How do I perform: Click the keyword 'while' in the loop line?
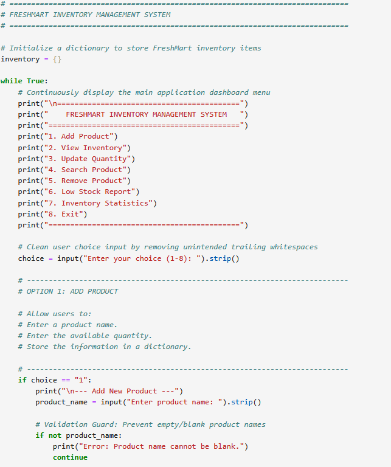coord(12,81)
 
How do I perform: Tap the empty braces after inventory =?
coord(57,59)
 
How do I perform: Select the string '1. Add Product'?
coord(78,136)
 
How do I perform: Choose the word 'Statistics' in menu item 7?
coord(126,203)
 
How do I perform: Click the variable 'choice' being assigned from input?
coord(31,258)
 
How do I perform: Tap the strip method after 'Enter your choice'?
coord(220,258)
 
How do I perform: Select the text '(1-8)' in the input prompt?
coord(176,258)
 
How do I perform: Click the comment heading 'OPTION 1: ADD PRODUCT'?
coord(72,291)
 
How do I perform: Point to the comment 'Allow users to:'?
coord(59,314)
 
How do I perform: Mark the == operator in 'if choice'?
coord(66,380)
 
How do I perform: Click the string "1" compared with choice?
coord(81,380)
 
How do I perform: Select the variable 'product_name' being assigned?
coord(61,403)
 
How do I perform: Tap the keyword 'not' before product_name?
coord(55,436)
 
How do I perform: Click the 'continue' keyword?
coord(71,457)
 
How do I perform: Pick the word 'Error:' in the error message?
coord(96,446)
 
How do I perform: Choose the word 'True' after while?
coord(35,81)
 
